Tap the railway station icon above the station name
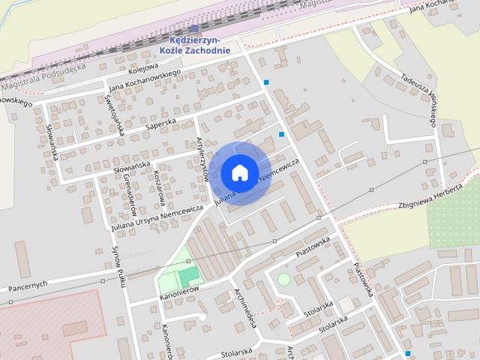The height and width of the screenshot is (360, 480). coord(194,28)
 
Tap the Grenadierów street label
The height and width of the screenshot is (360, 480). coord(128,190)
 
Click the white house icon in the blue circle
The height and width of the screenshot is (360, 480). coord(239,172)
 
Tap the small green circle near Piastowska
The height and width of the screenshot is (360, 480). coord(283,280)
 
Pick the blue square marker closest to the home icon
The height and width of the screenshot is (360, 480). coord(282,134)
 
